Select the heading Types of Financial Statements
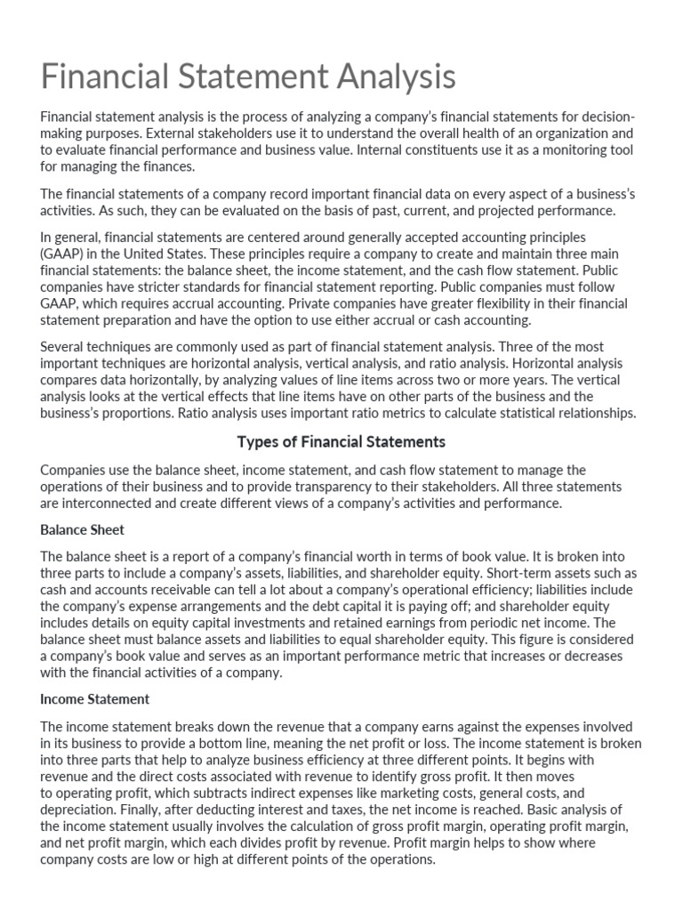pyautogui.click(x=341, y=441)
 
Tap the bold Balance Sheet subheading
pyautogui.click(x=83, y=529)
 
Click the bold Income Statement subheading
pyautogui.click(x=95, y=698)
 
